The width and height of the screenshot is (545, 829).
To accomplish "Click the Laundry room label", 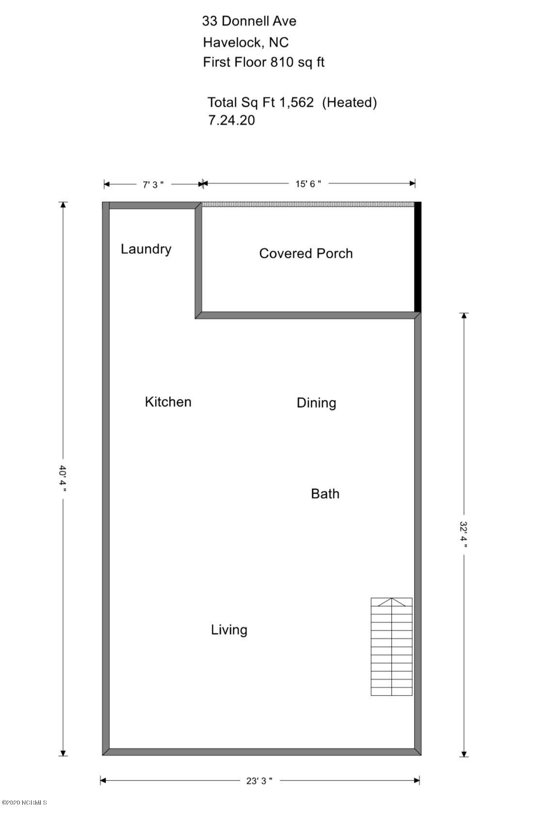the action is (146, 249).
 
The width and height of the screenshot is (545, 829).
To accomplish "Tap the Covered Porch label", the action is (306, 253).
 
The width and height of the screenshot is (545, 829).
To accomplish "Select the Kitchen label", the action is (168, 402).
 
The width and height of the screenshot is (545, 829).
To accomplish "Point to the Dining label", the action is (317, 403).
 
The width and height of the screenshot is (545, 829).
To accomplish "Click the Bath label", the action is (325, 494).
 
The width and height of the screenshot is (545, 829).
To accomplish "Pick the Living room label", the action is (229, 630).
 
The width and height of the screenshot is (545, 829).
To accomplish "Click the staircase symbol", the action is (392, 647).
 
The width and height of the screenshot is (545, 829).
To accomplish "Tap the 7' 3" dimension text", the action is (153, 184).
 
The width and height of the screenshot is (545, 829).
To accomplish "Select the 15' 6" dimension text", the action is (308, 183).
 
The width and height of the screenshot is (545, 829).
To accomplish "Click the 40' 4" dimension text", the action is (63, 479).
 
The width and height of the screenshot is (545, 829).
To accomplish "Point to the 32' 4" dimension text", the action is (464, 534).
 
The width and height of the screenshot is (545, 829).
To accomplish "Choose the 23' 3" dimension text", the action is (259, 781).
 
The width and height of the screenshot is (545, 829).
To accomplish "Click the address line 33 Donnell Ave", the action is (249, 21).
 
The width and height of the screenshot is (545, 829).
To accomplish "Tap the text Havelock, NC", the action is (246, 43).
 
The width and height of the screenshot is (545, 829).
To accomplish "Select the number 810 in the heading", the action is (282, 62).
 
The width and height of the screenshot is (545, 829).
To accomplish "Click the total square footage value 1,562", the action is (297, 102).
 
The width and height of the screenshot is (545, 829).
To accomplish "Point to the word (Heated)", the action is (350, 102).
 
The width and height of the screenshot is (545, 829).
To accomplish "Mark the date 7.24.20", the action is (231, 120).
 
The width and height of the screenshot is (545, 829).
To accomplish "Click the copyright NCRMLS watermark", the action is (24, 803).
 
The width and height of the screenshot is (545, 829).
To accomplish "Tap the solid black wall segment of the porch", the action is (418, 257).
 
